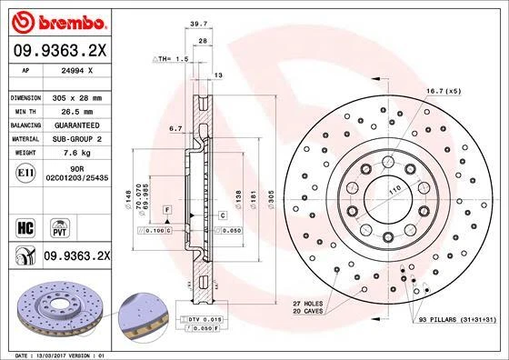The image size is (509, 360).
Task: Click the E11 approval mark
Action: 27,169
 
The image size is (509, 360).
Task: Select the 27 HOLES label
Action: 308,302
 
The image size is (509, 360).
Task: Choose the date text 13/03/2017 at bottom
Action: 59,354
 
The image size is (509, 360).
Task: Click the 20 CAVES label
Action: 308,311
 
